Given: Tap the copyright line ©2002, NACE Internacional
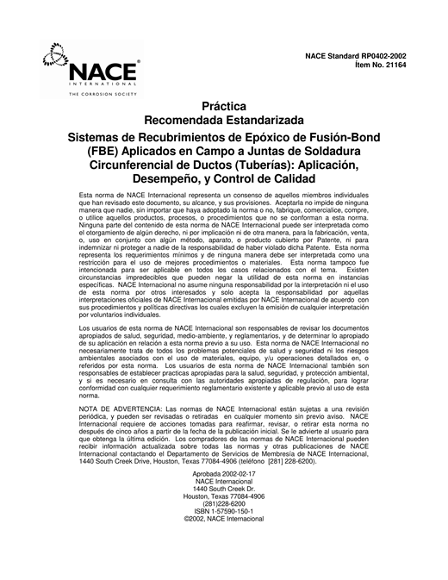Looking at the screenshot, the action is (224, 520).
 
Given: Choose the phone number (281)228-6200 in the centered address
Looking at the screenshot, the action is (224, 502).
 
